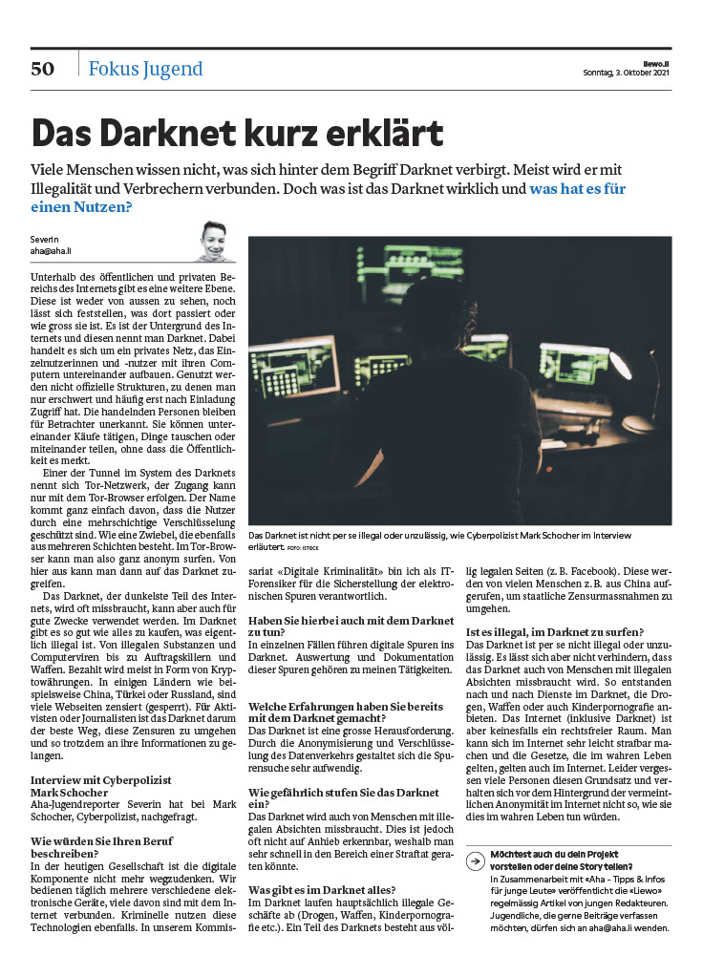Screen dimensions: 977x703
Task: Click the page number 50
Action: point(43,68)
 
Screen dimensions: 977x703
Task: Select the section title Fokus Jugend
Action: point(145,69)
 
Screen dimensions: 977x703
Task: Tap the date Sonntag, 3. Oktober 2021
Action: point(627,73)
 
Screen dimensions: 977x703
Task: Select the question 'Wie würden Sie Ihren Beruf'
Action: point(100,840)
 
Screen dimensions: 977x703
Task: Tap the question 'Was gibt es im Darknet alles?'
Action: point(322,889)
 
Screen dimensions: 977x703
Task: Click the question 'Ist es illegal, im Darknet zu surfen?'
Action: point(554,631)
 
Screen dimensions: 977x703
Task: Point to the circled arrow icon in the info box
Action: point(475,860)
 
